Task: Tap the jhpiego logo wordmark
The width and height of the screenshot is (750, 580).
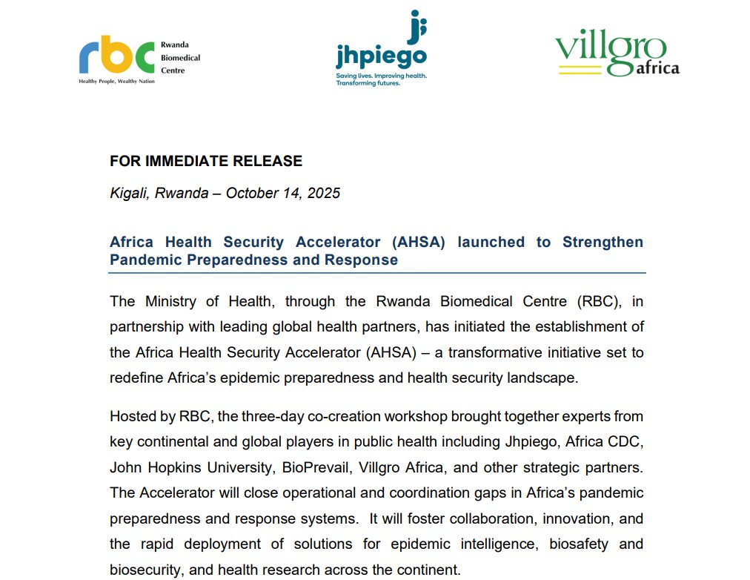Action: coord(381,57)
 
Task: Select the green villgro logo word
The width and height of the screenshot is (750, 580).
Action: coord(610,50)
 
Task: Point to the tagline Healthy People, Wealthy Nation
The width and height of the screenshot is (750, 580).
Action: coord(117,80)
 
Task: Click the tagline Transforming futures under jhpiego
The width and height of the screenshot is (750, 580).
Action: coord(368,84)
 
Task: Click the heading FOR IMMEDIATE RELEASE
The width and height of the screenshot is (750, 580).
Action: coord(206,161)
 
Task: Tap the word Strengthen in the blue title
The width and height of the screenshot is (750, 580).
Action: coord(603,243)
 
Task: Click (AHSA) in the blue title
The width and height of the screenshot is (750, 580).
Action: coord(413,243)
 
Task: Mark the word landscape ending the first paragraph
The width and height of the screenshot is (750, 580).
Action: coord(540,378)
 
